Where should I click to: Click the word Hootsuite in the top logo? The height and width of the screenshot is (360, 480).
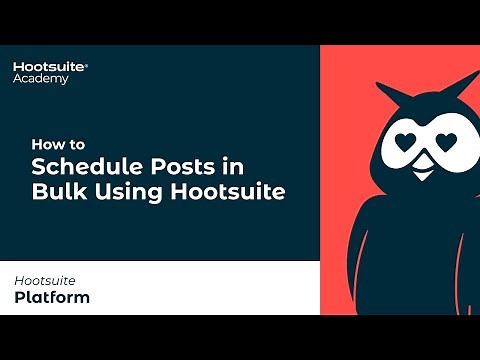click(x=49, y=66)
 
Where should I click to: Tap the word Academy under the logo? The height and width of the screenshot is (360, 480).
click(x=41, y=79)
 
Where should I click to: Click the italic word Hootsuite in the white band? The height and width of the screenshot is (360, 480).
click(x=44, y=281)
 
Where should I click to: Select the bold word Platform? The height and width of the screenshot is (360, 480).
click(x=52, y=297)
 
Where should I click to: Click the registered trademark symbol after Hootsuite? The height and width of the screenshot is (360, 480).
click(x=86, y=62)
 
